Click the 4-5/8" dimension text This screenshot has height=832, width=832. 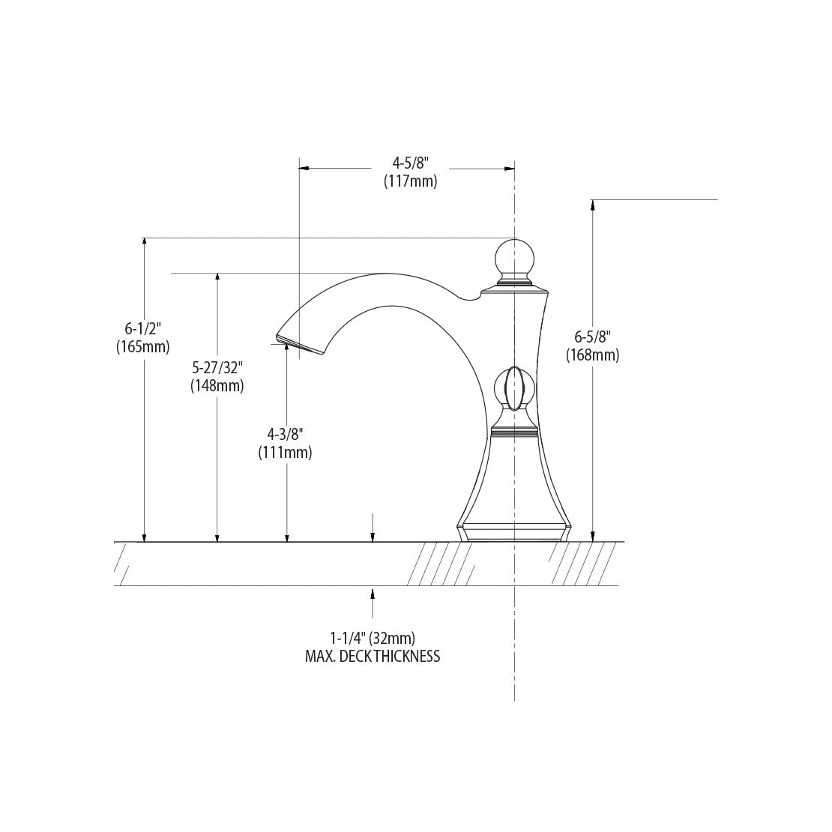pyautogui.click(x=410, y=163)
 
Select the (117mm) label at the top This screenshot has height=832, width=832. pyautogui.click(x=410, y=181)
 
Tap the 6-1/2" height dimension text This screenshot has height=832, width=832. pyautogui.click(x=143, y=328)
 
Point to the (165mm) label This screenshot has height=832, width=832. pyautogui.click(x=143, y=346)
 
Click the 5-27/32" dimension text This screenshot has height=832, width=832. pyautogui.click(x=217, y=368)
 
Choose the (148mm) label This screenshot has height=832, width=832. pyautogui.click(x=217, y=386)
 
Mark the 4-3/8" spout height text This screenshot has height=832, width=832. pyautogui.click(x=286, y=434)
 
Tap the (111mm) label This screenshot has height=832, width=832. pyautogui.click(x=286, y=452)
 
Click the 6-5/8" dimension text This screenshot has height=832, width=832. pyautogui.click(x=592, y=337)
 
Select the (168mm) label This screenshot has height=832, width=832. pyautogui.click(x=592, y=355)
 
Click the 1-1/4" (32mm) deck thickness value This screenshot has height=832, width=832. pyautogui.click(x=373, y=638)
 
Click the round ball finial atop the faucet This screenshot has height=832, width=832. pyautogui.click(x=514, y=257)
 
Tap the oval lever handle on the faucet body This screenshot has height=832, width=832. pyautogui.click(x=514, y=389)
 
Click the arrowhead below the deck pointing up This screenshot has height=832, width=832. pyautogui.click(x=373, y=593)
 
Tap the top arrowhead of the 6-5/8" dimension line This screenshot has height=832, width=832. pyautogui.click(x=593, y=205)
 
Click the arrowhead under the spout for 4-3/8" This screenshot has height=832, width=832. pyautogui.click(x=287, y=350)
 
